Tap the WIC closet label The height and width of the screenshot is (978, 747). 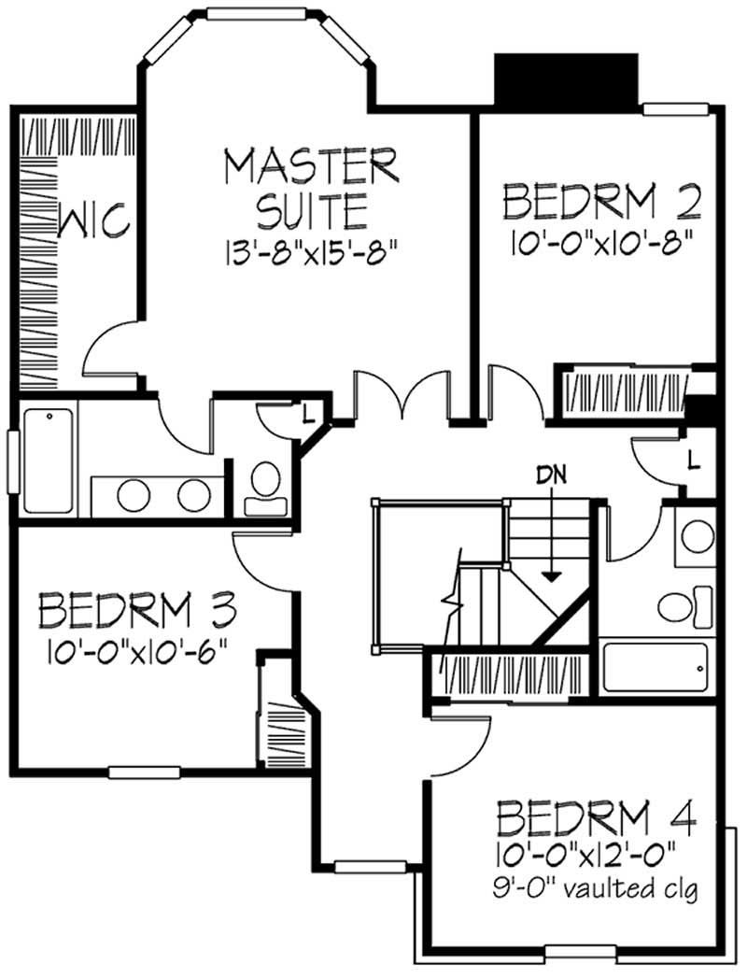click(x=92, y=221)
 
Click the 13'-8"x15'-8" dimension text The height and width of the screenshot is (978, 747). click(x=311, y=253)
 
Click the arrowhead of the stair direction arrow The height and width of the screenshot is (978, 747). click(x=553, y=576)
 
